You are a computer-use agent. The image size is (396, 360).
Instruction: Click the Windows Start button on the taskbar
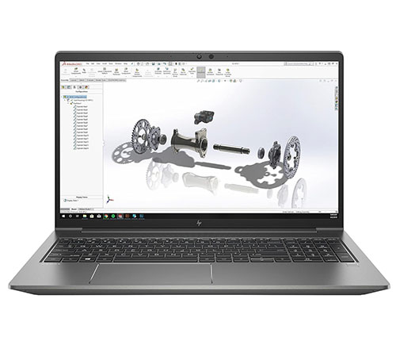pyautogui.click(x=63, y=214)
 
